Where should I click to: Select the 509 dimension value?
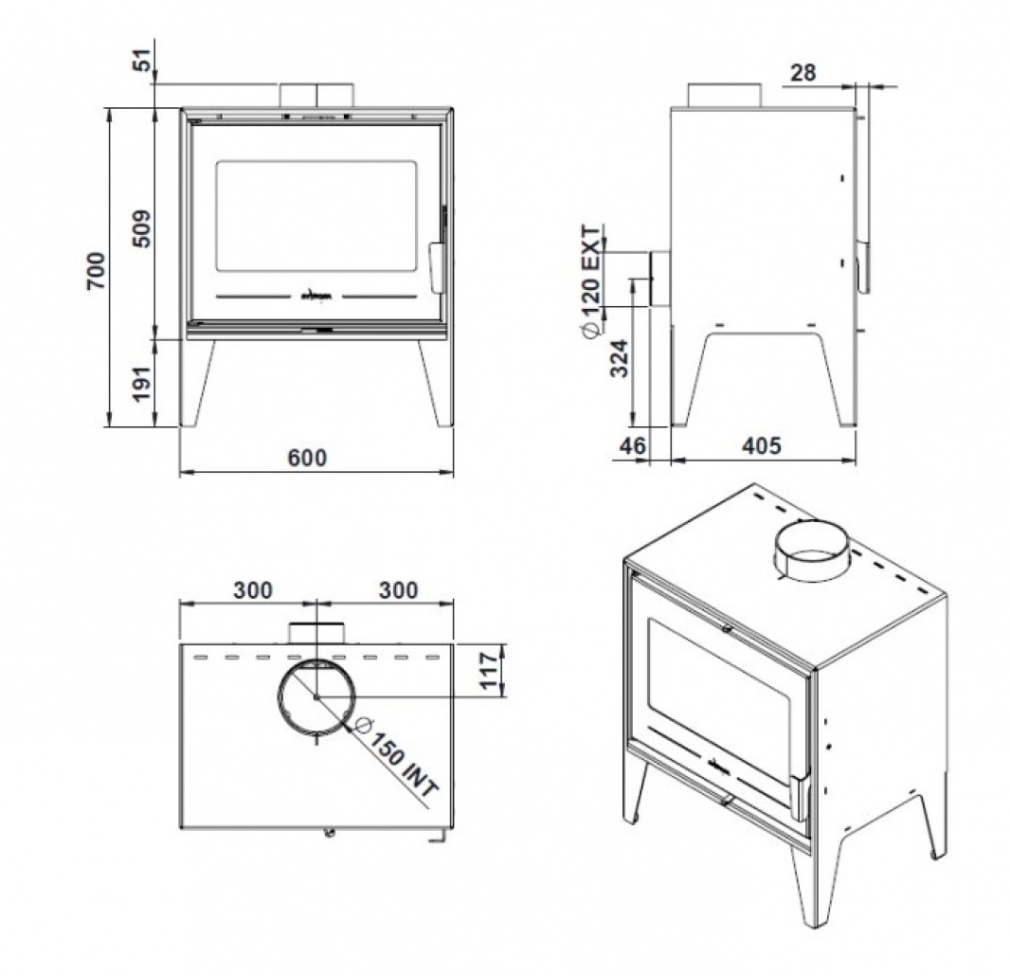click(140, 228)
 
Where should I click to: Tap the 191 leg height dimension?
click(140, 382)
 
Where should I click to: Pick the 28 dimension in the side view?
click(802, 72)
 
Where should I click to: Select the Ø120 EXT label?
click(589, 280)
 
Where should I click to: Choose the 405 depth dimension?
click(764, 445)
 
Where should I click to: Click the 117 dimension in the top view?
click(491, 670)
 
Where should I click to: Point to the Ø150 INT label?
click(395, 764)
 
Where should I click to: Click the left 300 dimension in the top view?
click(253, 589)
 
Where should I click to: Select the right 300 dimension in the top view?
click(398, 589)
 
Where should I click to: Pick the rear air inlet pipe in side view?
click(658, 279)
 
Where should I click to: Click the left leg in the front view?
click(197, 383)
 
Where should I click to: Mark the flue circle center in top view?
click(316, 697)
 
